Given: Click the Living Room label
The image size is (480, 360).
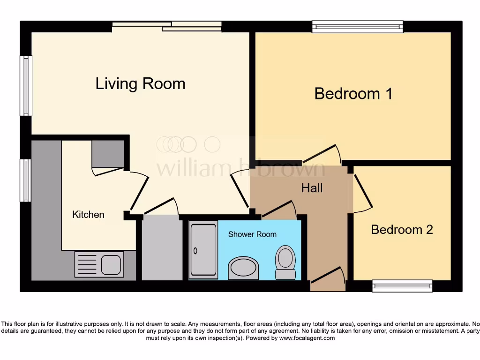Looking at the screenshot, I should click(140, 84).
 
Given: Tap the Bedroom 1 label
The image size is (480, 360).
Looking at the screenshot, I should click(353, 94).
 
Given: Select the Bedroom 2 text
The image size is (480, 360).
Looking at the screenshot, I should click(402, 230).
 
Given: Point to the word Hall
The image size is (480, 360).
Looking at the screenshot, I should click(312, 188).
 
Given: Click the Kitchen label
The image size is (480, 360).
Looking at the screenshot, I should click(88, 215).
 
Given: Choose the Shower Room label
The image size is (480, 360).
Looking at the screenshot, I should click(252, 234).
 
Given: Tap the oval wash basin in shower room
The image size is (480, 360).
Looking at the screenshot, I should click(243, 268).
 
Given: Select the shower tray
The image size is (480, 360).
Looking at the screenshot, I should click(203, 250).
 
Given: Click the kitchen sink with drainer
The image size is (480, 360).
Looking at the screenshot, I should click(99, 264).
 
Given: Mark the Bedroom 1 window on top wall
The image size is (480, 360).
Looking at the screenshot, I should click(358, 27).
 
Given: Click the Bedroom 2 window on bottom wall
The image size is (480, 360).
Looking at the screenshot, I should click(402, 285).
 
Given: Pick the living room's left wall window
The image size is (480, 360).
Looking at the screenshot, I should click(26, 85).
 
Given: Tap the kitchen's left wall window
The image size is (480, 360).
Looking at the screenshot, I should click(26, 180).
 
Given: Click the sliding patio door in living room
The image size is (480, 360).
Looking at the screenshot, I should click(167, 26).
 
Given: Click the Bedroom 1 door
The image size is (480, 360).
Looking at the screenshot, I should click(322, 154).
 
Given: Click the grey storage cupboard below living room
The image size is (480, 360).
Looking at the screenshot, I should click(162, 248).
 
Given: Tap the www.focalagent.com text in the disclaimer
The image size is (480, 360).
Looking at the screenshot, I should click(307, 338).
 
